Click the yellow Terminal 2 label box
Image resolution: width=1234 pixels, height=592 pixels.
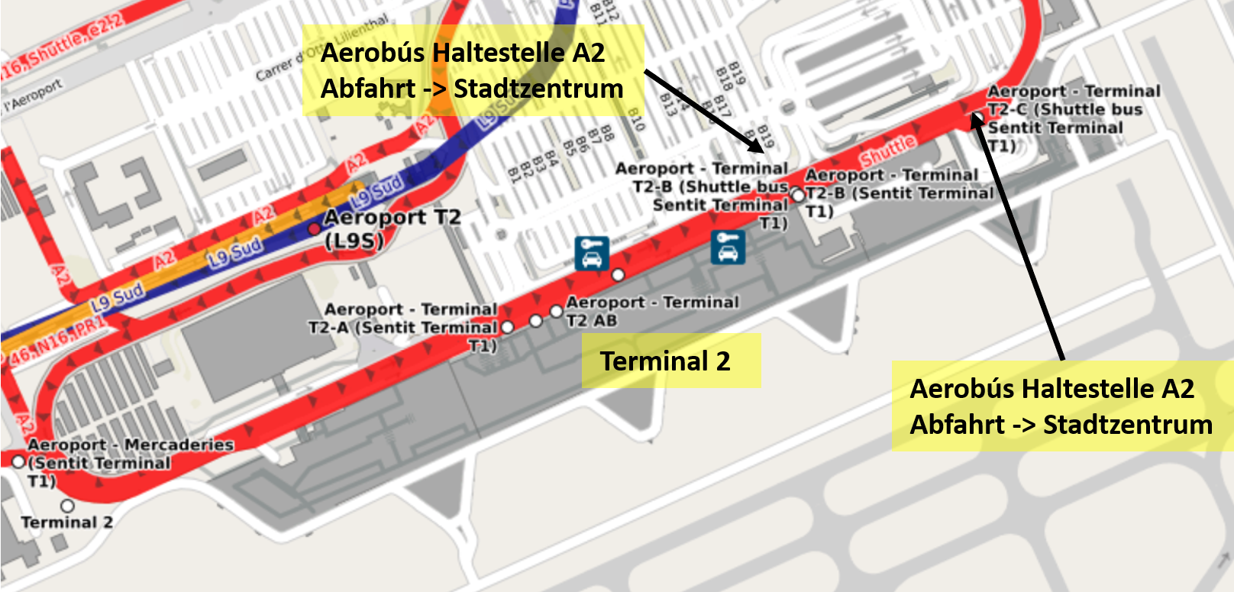(x=670, y=361)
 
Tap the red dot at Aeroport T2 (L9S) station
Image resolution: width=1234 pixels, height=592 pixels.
(x=314, y=229)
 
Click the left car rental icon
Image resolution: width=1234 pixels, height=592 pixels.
(x=592, y=254)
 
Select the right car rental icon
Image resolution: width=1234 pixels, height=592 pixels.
(x=728, y=247)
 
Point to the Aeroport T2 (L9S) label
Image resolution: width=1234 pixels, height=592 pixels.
(x=391, y=228)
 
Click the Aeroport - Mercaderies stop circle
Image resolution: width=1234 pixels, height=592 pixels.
(x=18, y=461)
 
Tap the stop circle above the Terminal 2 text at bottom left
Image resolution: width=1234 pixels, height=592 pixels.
(x=67, y=506)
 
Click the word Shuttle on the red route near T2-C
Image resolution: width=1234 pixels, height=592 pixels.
(x=887, y=150)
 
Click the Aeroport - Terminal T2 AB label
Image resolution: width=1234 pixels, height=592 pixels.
(x=651, y=311)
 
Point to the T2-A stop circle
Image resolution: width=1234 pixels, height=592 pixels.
(x=507, y=327)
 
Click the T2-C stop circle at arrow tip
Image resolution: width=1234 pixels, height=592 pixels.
(x=977, y=117)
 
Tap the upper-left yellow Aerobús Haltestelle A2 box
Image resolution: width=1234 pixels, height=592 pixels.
(x=472, y=70)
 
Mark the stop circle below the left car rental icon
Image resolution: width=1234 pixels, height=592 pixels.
(x=618, y=275)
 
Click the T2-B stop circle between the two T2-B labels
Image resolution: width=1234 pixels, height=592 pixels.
(x=798, y=196)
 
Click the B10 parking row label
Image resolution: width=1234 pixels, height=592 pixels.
(x=636, y=118)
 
